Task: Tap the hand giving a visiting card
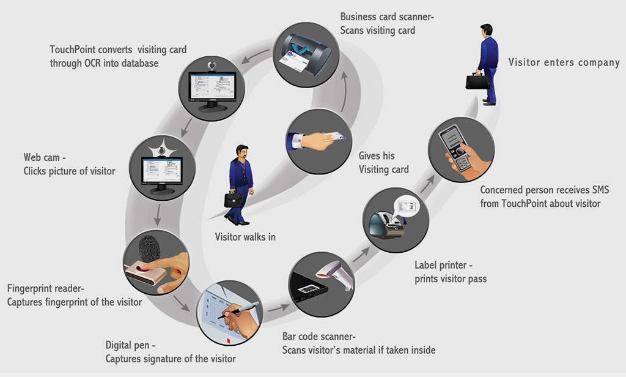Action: pos(316,140)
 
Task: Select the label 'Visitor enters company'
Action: pos(564,62)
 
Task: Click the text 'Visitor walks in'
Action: pos(245,237)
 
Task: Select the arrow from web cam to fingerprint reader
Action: pos(158,213)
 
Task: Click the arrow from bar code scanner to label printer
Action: pos(361,253)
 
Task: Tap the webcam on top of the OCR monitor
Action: pos(212,65)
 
